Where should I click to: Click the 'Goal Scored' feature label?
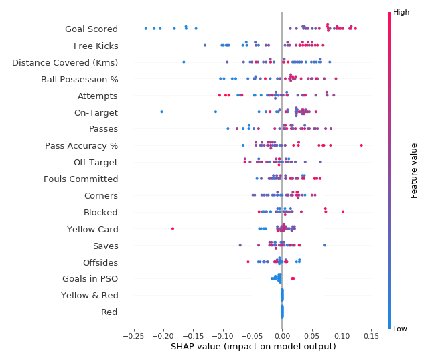pos(91,29)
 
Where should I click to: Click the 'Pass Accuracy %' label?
pos(81,145)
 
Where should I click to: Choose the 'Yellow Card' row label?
pos(92,229)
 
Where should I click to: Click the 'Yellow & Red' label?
pos(89,295)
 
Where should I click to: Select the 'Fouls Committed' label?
pos(80,179)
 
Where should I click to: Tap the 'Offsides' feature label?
pos(100,262)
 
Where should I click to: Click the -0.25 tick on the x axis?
pos(133,336)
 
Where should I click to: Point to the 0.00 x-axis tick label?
pos(282,336)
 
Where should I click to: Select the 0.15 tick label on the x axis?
pos(370,336)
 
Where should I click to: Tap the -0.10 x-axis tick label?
pos(222,336)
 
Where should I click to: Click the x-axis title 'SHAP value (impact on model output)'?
pos(253,347)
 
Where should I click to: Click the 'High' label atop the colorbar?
pos(401,12)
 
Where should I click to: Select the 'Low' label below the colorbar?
pos(401,329)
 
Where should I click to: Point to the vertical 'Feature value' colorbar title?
pos(415,170)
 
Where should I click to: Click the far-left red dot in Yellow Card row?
pos(173,228)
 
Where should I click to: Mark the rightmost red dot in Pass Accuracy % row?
pos(361,145)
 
